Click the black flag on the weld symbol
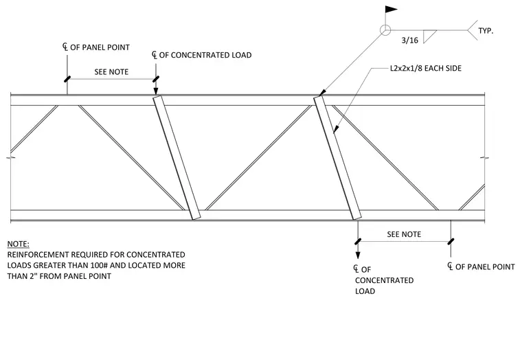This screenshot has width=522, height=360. point(390,10)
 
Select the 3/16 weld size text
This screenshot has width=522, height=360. point(410,41)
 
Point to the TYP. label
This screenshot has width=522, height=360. point(486,31)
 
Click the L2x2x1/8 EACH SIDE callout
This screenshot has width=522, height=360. point(426,68)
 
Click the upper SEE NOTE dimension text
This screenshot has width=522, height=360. point(111,72)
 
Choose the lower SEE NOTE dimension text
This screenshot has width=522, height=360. point(404,234)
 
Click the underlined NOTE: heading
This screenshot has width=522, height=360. point(19,244)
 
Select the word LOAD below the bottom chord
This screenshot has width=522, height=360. point(365,291)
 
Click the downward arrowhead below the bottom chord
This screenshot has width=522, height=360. point(358,256)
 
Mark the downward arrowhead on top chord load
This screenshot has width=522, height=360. point(156,91)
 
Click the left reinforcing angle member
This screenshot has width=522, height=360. point(177,157)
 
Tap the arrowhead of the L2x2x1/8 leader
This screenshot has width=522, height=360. point(336,129)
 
